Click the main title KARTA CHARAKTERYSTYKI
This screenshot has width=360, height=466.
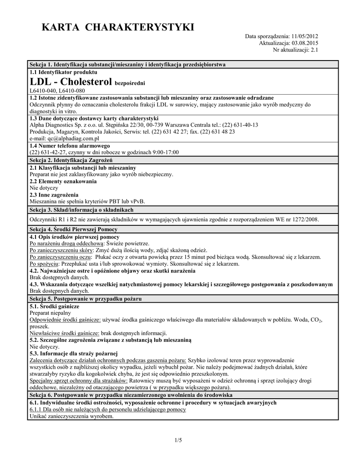tap(118, 28)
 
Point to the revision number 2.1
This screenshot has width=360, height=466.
tap(314, 50)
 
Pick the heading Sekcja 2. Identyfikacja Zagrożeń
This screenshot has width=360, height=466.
tap(71, 160)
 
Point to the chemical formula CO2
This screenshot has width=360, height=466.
tap(315, 320)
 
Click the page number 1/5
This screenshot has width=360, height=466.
tap(178, 440)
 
